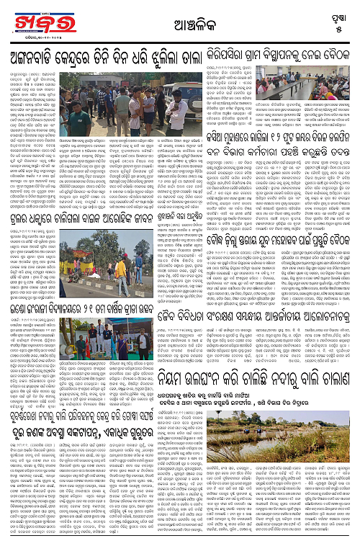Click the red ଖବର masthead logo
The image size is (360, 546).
click(x=33, y=21)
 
